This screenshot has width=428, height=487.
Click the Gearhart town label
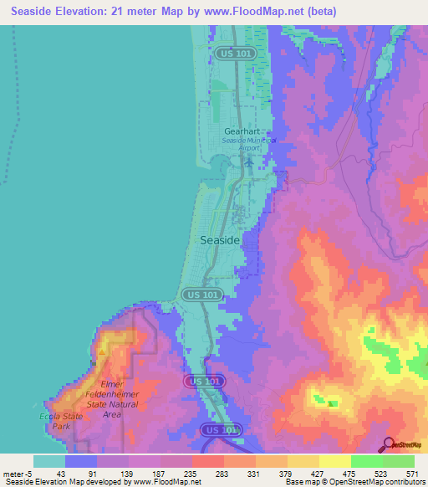pos(242,131)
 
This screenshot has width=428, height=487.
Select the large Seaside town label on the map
pos(222,239)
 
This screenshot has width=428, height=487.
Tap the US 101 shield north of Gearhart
pos(233,53)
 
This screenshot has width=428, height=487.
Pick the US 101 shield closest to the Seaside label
pos(201,295)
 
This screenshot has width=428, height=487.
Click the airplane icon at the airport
pos(248,160)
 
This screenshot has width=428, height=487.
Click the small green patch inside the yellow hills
pos(333,404)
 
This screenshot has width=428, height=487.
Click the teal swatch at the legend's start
pos(48,461)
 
